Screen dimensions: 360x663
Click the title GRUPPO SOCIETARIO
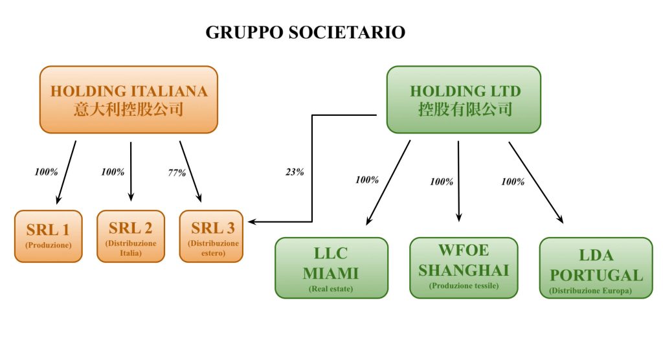pos(305,32)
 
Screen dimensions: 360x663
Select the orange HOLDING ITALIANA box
pos(129,99)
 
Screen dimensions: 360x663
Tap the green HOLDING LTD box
pos(464,99)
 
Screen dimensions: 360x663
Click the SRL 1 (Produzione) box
pos(49,236)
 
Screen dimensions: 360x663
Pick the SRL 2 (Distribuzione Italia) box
pos(131,236)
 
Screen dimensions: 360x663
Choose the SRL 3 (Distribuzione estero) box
pos(211,236)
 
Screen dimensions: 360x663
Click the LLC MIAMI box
pos(331,267)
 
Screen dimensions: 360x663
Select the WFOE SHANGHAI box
pos(464,267)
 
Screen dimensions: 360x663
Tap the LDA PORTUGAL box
pos(596,267)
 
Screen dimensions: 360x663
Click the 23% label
pos(295,173)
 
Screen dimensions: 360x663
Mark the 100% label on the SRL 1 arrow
pos(46,173)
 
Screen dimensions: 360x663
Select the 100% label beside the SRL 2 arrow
pos(113,173)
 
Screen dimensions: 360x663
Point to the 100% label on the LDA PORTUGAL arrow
pos(513,182)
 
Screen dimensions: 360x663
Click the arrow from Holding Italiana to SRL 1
pos(66,172)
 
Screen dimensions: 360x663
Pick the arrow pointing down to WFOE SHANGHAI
pos(458,181)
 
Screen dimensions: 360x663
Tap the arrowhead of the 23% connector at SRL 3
pos(253,222)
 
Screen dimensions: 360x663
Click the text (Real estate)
pos(331,289)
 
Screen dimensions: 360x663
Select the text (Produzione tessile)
pos(464,286)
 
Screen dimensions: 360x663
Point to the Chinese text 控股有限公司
pos(465,109)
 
